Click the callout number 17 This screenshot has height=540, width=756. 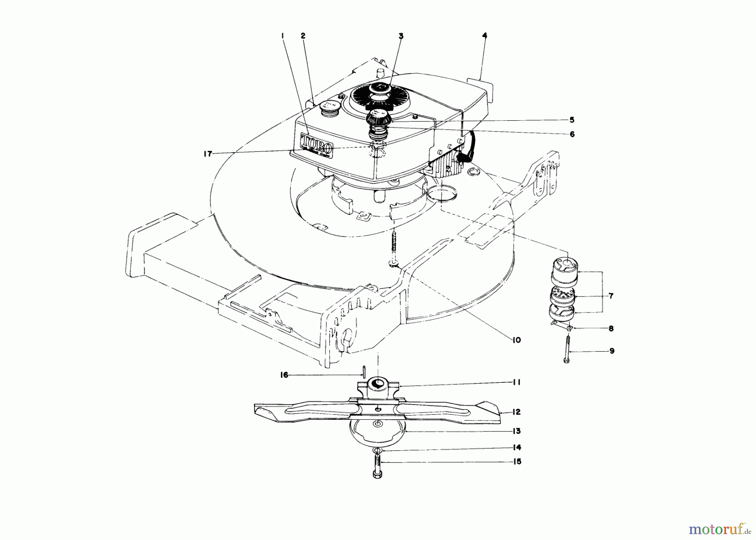tap(207, 154)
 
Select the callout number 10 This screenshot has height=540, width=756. tap(516, 340)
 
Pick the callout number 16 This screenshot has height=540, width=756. tap(284, 375)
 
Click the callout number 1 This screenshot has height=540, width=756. tap(283, 37)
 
